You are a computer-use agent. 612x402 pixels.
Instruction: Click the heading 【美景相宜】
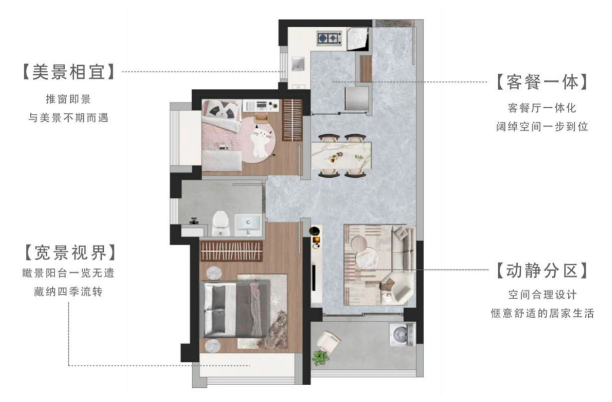pos(69,72)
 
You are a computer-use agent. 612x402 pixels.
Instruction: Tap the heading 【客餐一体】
pos(542,82)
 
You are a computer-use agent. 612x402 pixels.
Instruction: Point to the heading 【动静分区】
pos(542,271)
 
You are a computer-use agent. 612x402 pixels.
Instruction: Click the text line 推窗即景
pos(69,99)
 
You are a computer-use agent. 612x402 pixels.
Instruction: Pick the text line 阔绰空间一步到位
pos(542,127)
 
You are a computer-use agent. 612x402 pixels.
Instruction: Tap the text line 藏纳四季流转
pos(69,292)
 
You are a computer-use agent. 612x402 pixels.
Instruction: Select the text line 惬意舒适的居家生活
pos(542,313)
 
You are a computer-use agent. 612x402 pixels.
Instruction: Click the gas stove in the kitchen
pos(328,38)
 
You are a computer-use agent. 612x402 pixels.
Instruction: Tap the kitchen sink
pos(297,64)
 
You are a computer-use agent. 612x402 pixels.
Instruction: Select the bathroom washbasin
pos(248,225)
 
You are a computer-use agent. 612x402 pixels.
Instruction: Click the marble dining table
pos(341,155)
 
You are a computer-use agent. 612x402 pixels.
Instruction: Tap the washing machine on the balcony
pos(402,334)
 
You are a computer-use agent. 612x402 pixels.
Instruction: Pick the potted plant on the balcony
pos(321,357)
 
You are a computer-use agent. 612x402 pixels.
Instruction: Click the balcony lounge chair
pos(328,342)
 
